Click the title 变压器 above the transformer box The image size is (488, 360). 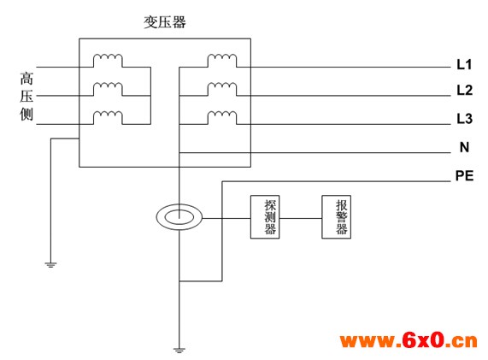(x=165, y=22)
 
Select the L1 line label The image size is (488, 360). (x=464, y=64)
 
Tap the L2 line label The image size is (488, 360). (x=464, y=90)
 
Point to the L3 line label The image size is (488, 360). (x=464, y=119)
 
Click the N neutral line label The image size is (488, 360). (x=464, y=147)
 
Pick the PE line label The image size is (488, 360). (x=464, y=175)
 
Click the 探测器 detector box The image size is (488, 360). (x=265, y=217)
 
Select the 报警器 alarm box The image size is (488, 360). (x=336, y=217)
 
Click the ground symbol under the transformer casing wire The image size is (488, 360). (x=50, y=265)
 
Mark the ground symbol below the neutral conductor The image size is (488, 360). (x=179, y=351)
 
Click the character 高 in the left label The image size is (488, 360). (x=26, y=78)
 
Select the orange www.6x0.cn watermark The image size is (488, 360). (x=409, y=340)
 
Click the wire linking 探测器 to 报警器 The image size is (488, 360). (x=300, y=218)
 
